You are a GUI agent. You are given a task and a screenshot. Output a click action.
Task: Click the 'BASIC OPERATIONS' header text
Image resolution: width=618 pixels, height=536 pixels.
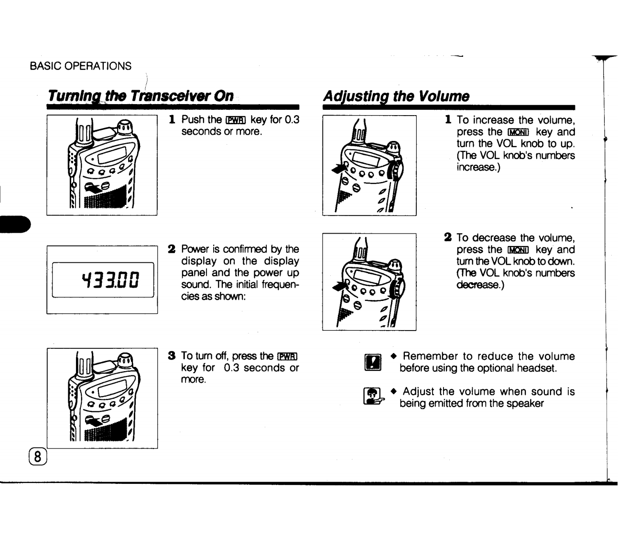(80, 66)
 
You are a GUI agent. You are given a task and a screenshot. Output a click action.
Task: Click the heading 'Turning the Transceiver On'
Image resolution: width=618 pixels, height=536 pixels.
(140, 96)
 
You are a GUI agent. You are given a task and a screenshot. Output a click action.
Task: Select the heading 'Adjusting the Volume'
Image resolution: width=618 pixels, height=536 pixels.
(396, 96)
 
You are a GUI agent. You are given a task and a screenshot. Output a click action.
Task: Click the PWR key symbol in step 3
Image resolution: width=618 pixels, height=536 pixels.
(288, 356)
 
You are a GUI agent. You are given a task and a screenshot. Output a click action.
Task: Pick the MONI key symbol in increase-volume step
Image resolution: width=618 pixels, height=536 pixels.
(518, 132)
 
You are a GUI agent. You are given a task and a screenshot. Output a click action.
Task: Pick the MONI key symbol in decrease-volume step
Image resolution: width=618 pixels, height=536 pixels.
(518, 250)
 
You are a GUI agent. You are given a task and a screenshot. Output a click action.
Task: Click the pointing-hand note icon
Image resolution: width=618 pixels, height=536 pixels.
(373, 397)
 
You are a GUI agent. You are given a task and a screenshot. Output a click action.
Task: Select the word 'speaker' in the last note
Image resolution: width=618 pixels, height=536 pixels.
(527, 404)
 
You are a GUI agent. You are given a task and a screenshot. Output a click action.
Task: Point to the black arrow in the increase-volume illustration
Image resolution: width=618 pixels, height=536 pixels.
(341, 168)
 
